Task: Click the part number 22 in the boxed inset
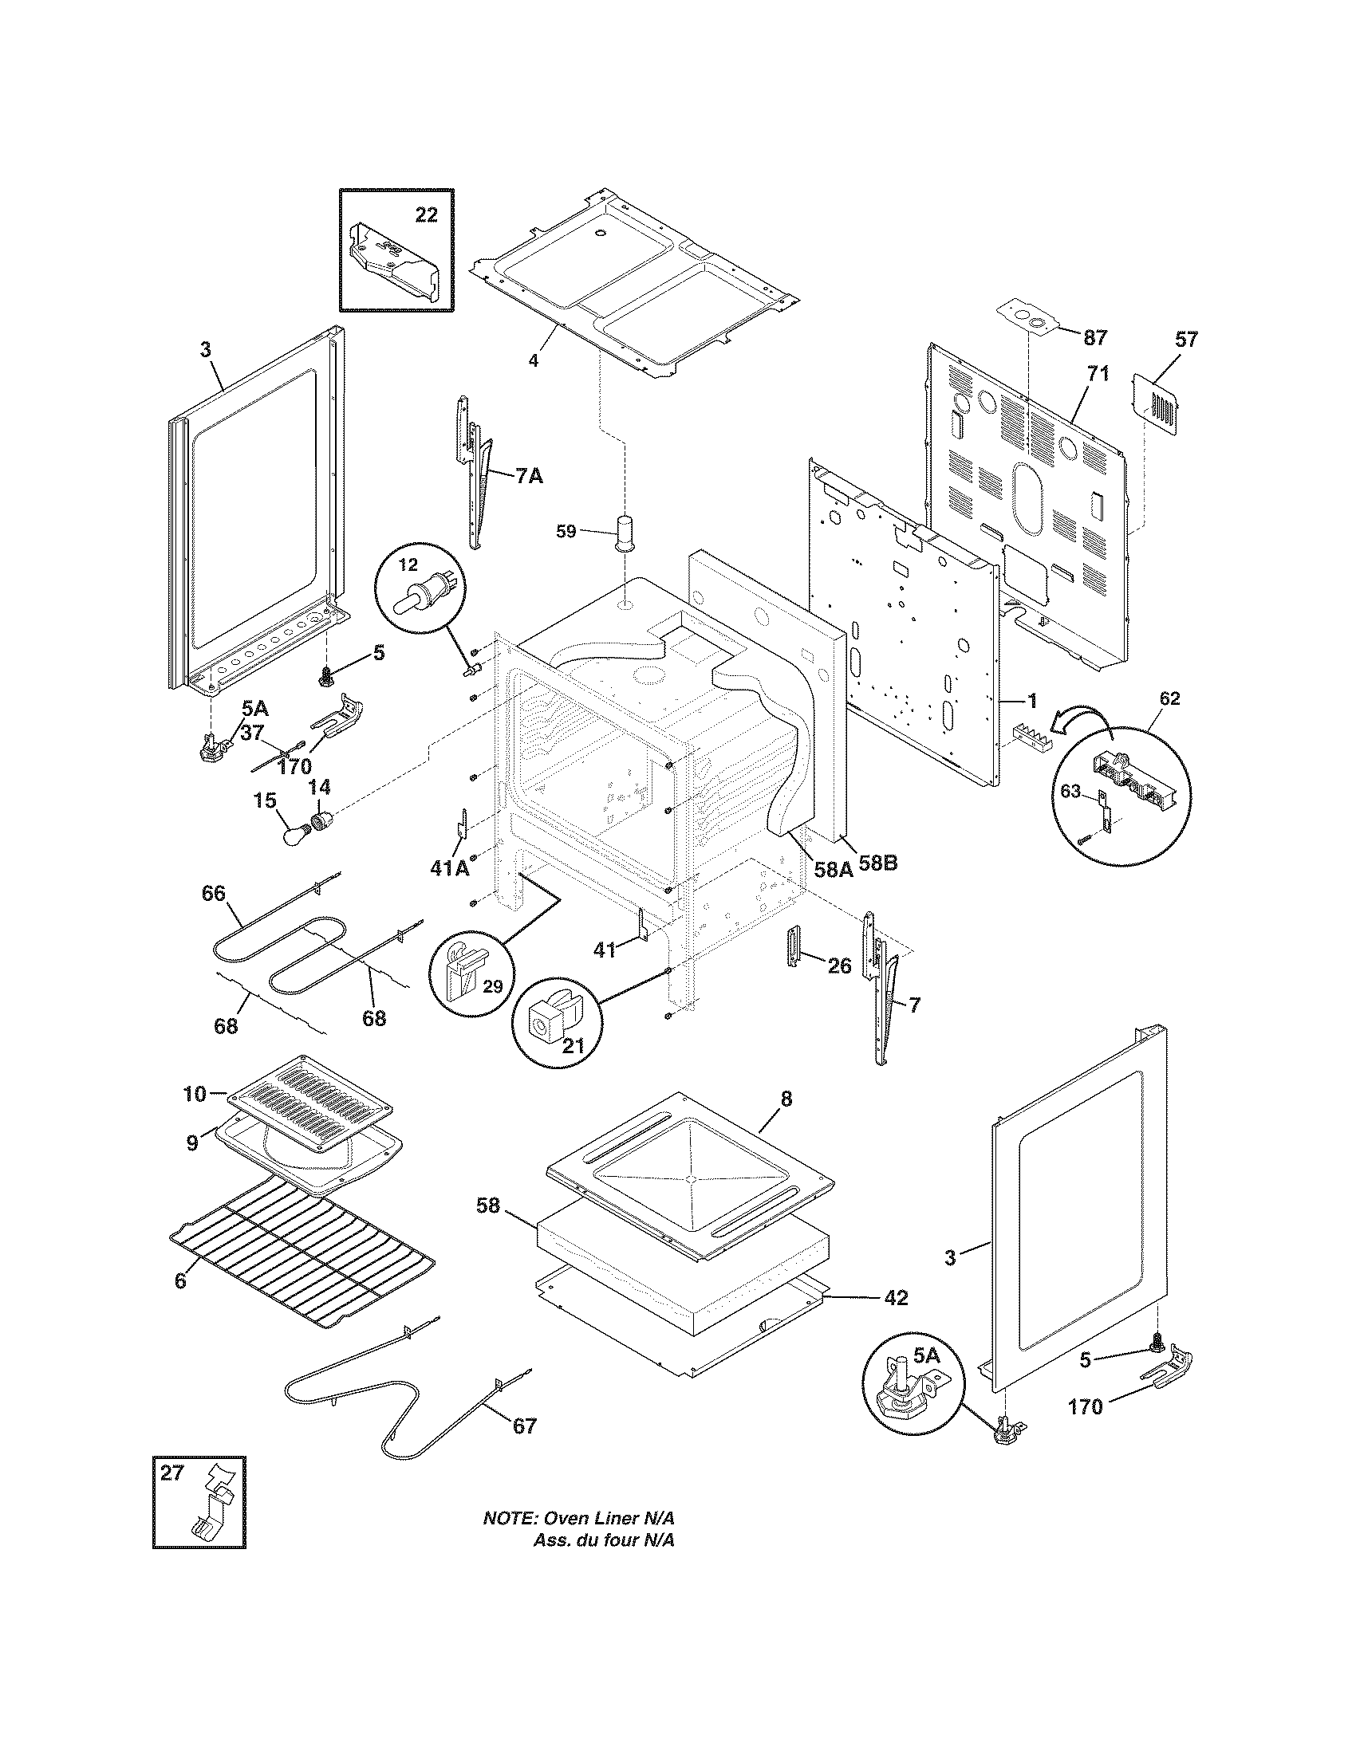click(x=426, y=214)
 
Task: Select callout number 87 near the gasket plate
click(x=1095, y=337)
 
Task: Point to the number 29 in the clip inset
click(x=492, y=986)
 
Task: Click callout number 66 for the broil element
click(x=214, y=893)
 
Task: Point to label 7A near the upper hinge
click(x=529, y=475)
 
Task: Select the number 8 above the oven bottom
click(x=786, y=1099)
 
